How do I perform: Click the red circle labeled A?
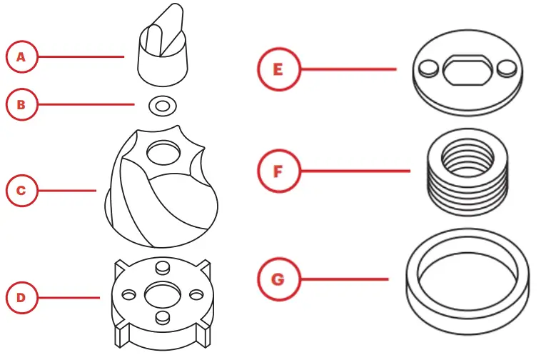pyautogui.click(x=21, y=56)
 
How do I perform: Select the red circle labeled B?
pyautogui.click(x=21, y=105)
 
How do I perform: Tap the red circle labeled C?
pyautogui.click(x=21, y=191)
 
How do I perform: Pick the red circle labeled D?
pyautogui.click(x=21, y=297)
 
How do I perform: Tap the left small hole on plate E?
pyautogui.click(x=429, y=69)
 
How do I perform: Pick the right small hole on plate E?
pyautogui.click(x=507, y=69)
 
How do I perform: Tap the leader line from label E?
pyautogui.click(x=349, y=69)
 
